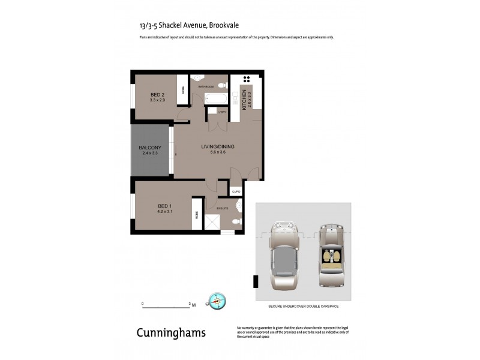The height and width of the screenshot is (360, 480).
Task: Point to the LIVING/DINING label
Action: [218, 147]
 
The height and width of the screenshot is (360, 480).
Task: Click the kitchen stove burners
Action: [247, 79]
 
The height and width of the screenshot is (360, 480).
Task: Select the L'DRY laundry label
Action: [221, 112]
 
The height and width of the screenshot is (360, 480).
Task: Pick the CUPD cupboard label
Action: [236, 191]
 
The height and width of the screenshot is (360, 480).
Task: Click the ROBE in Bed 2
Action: [182, 91]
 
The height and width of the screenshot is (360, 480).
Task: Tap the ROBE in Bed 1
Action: [196, 218]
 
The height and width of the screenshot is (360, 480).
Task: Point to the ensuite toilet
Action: [236, 222]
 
